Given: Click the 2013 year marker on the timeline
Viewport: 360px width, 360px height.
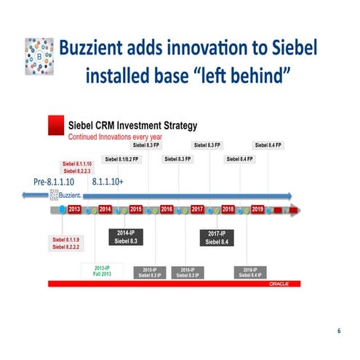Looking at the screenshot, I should tap(74, 209).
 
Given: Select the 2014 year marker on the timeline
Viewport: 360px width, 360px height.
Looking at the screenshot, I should tap(105, 209).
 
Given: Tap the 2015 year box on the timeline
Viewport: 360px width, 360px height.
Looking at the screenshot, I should tap(136, 209).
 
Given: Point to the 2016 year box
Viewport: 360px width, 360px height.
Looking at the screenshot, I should tap(167, 209).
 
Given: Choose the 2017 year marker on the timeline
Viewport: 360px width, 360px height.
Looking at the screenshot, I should tap(197, 209).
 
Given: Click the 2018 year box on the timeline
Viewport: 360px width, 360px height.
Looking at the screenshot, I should tap(228, 209).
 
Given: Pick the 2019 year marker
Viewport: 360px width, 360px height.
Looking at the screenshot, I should tap(257, 209).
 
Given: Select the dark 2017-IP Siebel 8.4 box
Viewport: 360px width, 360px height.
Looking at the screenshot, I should tap(216, 237).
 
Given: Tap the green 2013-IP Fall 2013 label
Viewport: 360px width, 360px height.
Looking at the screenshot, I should tap(102, 271).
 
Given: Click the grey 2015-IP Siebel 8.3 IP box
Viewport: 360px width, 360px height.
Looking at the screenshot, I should tap(149, 273).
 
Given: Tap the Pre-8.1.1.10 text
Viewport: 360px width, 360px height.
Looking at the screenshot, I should tap(55, 181).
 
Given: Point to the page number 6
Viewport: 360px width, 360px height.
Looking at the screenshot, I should tap(338, 332).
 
